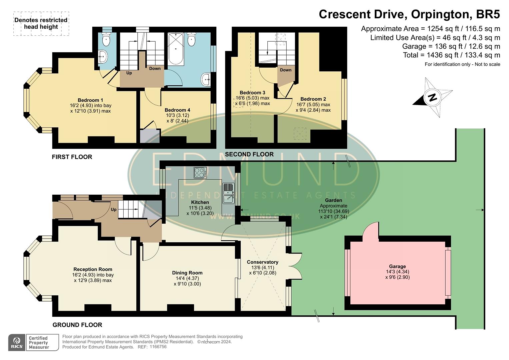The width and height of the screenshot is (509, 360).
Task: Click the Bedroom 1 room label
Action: coord(90,100)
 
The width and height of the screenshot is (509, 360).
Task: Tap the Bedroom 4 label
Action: coord(177,110)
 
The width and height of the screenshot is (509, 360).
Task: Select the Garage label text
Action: coord(397,266)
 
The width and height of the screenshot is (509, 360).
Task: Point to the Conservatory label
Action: coord(262,262)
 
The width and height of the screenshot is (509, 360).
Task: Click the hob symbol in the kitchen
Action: coord(200,173)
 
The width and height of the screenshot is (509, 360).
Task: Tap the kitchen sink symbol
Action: coord(228,193)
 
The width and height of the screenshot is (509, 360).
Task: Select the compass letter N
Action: coord(432,98)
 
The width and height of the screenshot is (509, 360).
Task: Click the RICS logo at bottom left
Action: coord(17,343)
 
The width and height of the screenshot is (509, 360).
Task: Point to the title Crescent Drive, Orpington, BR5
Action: coord(409,14)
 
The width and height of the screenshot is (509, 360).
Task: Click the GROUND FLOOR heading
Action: coord(77,325)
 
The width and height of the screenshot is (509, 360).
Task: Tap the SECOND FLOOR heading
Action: coord(249,154)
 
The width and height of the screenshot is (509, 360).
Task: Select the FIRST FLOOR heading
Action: coord(72,157)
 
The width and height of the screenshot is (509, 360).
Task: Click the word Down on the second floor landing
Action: coord(286,70)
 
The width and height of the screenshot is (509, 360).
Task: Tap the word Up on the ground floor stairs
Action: coord(114,210)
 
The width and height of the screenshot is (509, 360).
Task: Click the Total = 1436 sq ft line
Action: coord(451,55)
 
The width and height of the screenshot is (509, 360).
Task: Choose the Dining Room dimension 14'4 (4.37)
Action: coord(187,278)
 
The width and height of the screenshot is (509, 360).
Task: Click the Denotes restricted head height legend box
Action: coord(41,23)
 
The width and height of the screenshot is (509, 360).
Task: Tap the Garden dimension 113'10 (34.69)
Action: coord(333,211)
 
